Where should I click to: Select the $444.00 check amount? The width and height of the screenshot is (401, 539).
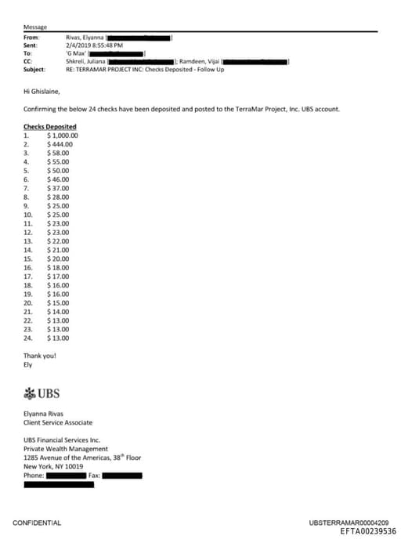[x=60, y=144]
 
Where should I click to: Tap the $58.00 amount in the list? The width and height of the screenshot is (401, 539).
[x=59, y=153]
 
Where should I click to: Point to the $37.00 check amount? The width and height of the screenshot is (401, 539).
[x=59, y=188]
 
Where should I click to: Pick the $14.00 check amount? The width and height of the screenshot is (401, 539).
[x=59, y=311]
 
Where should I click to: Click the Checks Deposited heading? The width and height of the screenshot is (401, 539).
[x=50, y=126]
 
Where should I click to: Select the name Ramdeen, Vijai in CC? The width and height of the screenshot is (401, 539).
[x=200, y=60]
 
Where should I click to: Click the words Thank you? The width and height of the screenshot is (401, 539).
[x=39, y=356]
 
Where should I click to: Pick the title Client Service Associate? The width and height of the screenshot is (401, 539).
[x=58, y=421]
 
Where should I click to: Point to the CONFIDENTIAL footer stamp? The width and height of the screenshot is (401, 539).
[x=37, y=523]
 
